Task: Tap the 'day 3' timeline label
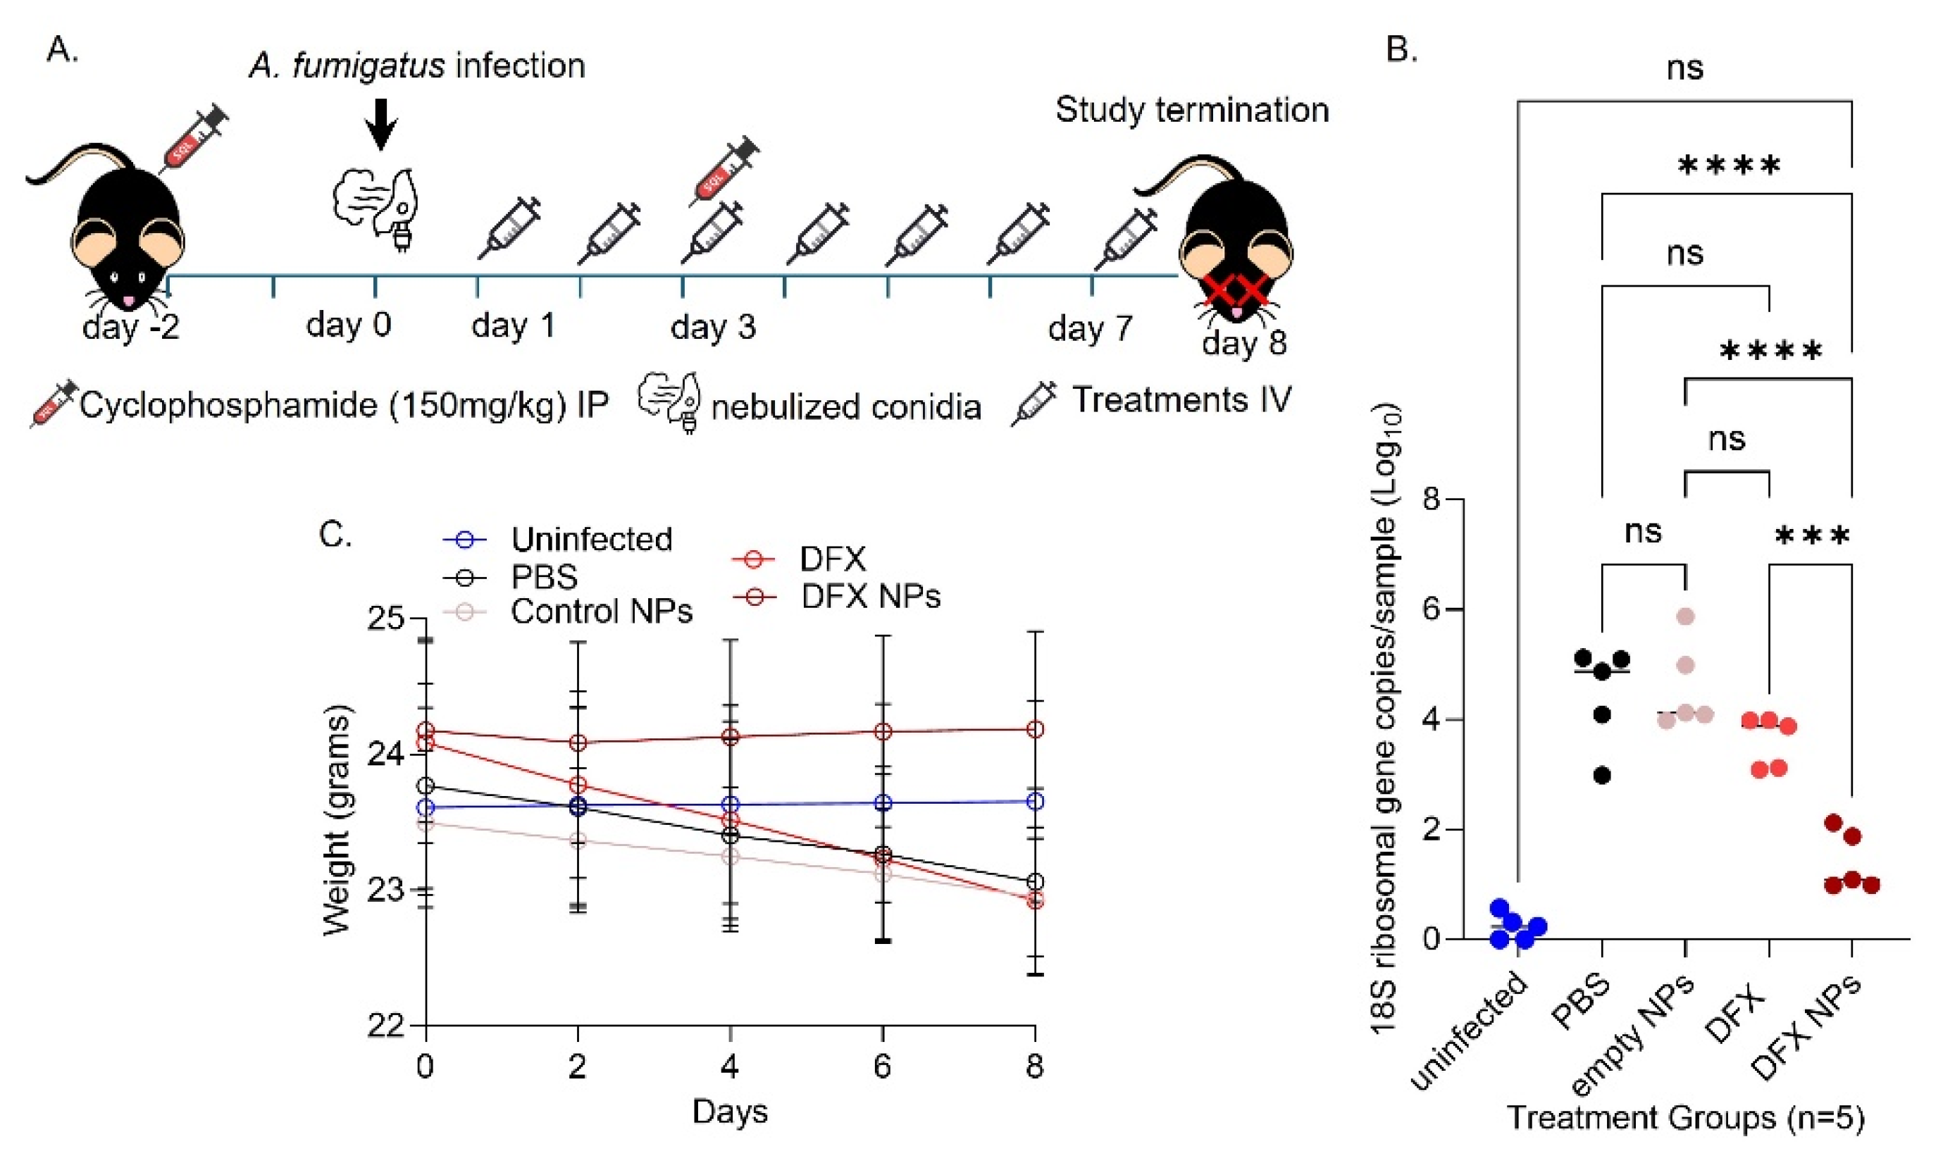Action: pos(713,327)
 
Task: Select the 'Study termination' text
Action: pos(1191,110)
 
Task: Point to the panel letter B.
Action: pos(1401,49)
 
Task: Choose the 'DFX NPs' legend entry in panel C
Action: pos(869,597)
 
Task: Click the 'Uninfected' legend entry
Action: pos(591,540)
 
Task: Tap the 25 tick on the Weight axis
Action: pos(385,619)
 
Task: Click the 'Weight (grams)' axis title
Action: pos(337,819)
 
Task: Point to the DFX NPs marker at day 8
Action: pos(1036,730)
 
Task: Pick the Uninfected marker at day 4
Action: pos(731,804)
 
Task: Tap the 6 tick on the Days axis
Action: pos(882,1067)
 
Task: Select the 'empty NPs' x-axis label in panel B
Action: pos(1633,1033)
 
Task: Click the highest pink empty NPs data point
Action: pos(1685,616)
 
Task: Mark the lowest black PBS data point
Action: pos(1601,775)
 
